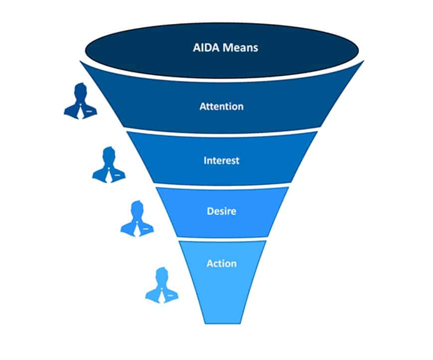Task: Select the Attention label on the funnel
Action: tap(221, 106)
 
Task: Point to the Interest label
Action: tap(221, 160)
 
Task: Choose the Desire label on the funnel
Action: tap(221, 211)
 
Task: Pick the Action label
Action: tap(221, 263)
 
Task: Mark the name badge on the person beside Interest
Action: tap(117, 175)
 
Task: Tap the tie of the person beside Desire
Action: tap(136, 229)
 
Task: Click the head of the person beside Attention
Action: tap(80, 92)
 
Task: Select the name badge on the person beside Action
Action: tap(170, 295)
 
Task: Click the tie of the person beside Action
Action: tap(161, 295)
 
